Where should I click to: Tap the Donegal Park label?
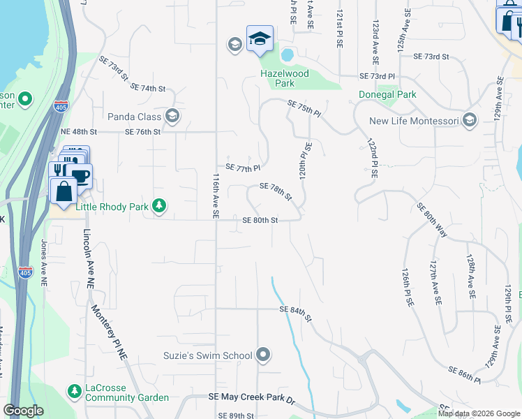point(387,94)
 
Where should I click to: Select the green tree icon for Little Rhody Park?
point(160,205)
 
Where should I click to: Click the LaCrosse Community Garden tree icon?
point(73,391)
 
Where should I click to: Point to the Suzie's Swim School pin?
point(263,355)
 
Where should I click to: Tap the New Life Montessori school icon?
point(470,121)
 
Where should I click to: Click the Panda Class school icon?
point(172,117)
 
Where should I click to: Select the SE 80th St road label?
point(260,220)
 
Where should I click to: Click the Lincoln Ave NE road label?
point(88,258)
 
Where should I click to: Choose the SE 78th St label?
point(275,191)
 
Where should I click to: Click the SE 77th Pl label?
point(243,168)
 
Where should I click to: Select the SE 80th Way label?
point(431,220)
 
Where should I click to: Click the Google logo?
point(24,411)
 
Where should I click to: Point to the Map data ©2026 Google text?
point(478,413)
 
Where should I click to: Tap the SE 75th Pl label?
point(304,108)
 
